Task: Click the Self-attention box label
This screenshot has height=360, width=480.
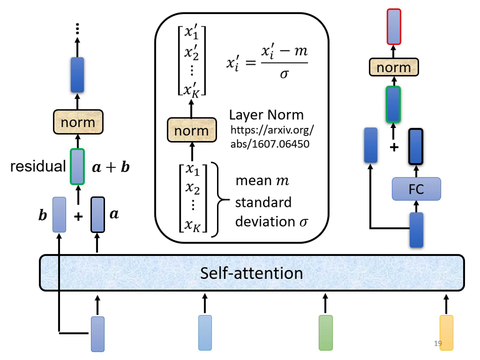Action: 251,273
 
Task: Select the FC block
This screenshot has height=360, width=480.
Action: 416,189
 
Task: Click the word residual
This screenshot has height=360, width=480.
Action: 38,166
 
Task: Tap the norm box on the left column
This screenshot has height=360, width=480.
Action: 77,122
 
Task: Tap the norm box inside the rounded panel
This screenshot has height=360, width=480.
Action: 192,131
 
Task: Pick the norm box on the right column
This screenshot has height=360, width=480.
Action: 393,67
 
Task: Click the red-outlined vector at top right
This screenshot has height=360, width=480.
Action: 393,27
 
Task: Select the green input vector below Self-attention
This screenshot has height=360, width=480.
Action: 325,332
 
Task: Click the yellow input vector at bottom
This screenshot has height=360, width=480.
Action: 446,332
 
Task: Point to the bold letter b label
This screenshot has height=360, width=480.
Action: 43,215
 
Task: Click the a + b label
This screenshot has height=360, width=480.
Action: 111,167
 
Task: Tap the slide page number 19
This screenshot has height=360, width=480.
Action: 438,344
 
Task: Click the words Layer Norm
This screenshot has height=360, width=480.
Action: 266,114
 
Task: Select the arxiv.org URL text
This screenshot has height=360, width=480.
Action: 272,135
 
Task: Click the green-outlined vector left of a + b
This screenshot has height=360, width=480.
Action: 77,166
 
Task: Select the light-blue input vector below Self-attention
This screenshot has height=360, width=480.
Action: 205,332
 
